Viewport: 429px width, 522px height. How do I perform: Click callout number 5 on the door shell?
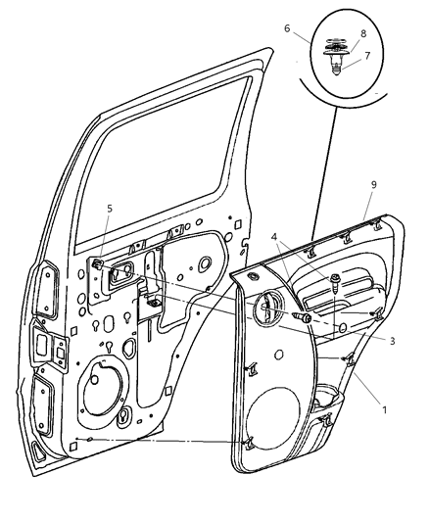coord(111,208)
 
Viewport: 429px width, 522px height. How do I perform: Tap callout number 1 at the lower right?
coord(384,408)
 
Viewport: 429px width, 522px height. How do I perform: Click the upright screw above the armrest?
coord(336,284)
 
